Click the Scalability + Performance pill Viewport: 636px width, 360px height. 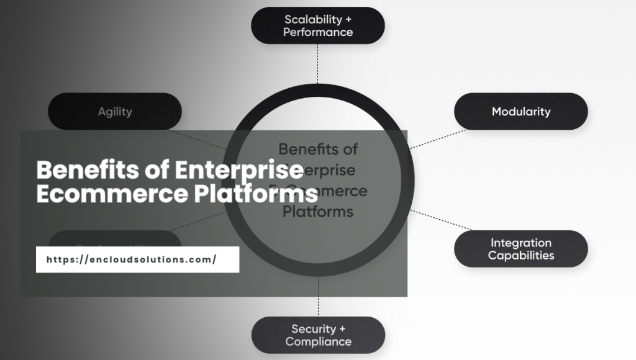[x=317, y=25]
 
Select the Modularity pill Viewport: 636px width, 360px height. [x=520, y=112]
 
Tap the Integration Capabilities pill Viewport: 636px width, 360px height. [x=520, y=249]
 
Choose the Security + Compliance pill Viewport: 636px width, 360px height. [x=318, y=335]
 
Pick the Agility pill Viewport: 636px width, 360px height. [x=115, y=112]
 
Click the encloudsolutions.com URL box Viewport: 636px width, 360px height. [x=137, y=259]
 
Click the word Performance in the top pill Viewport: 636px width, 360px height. [x=318, y=32]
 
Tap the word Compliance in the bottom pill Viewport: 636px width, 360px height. [x=318, y=342]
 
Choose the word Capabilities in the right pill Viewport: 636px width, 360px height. [x=520, y=256]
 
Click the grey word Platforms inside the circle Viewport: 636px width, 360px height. [x=318, y=212]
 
